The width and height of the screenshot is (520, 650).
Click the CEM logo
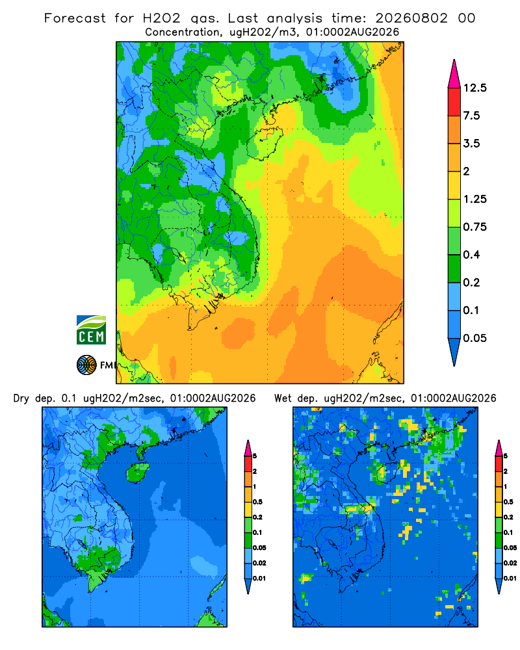(x=91, y=330)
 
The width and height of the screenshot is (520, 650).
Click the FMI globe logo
(x=86, y=365)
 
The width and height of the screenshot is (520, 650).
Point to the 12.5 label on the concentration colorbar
(x=475, y=88)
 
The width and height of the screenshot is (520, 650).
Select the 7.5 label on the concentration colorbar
(x=471, y=116)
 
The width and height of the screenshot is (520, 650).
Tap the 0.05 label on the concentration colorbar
(x=474, y=338)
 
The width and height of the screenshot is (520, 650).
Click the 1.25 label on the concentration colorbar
(x=474, y=199)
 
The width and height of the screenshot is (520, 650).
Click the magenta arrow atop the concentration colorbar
(x=454, y=74)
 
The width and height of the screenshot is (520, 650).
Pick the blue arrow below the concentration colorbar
(x=454, y=352)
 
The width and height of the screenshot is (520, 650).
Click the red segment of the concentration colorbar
(x=454, y=102)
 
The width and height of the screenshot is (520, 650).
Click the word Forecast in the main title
(x=75, y=18)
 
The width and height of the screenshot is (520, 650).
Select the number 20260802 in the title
(x=411, y=18)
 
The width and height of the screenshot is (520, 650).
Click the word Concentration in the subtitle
(x=183, y=32)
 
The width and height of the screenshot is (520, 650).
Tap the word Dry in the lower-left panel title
(x=21, y=398)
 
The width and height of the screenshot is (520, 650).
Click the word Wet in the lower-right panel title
(x=283, y=398)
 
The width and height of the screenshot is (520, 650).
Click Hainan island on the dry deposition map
(x=138, y=472)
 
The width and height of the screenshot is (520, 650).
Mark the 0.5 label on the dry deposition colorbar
(x=257, y=502)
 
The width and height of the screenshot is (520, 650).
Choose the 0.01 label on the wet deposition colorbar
(x=510, y=578)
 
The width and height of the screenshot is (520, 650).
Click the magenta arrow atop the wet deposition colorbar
(x=499, y=448)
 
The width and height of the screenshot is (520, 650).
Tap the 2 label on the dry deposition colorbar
(x=255, y=471)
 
